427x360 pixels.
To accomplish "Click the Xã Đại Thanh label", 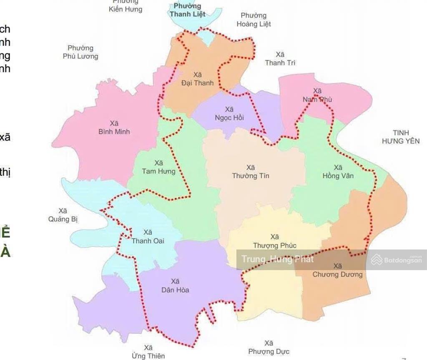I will point(198,79).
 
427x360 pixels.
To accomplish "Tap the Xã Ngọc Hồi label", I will point(229,113).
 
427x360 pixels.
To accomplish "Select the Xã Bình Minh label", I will point(114,128).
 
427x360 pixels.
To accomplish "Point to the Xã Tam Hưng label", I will point(158,167).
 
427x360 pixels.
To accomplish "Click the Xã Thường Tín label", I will point(251,172).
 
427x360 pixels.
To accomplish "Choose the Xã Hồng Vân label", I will point(338,171).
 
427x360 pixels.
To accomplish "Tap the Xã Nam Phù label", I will point(317,95).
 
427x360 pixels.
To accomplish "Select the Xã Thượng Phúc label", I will point(275,241).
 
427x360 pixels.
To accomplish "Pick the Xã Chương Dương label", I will point(338,270).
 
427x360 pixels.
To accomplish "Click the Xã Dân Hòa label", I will point(175,285).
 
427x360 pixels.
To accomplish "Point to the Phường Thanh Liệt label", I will point(187,10).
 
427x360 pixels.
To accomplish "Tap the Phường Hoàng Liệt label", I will point(254,20).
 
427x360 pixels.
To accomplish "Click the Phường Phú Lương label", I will point(80,52).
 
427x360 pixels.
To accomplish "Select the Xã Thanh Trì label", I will point(280,59).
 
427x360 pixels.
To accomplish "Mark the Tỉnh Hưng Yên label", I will point(401,137).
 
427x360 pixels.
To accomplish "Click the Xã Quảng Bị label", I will point(63,215).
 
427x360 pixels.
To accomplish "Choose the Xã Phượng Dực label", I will point(269,347).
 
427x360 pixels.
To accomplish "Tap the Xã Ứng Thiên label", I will point(148,352).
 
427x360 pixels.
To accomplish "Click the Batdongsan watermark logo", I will point(396,260).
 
